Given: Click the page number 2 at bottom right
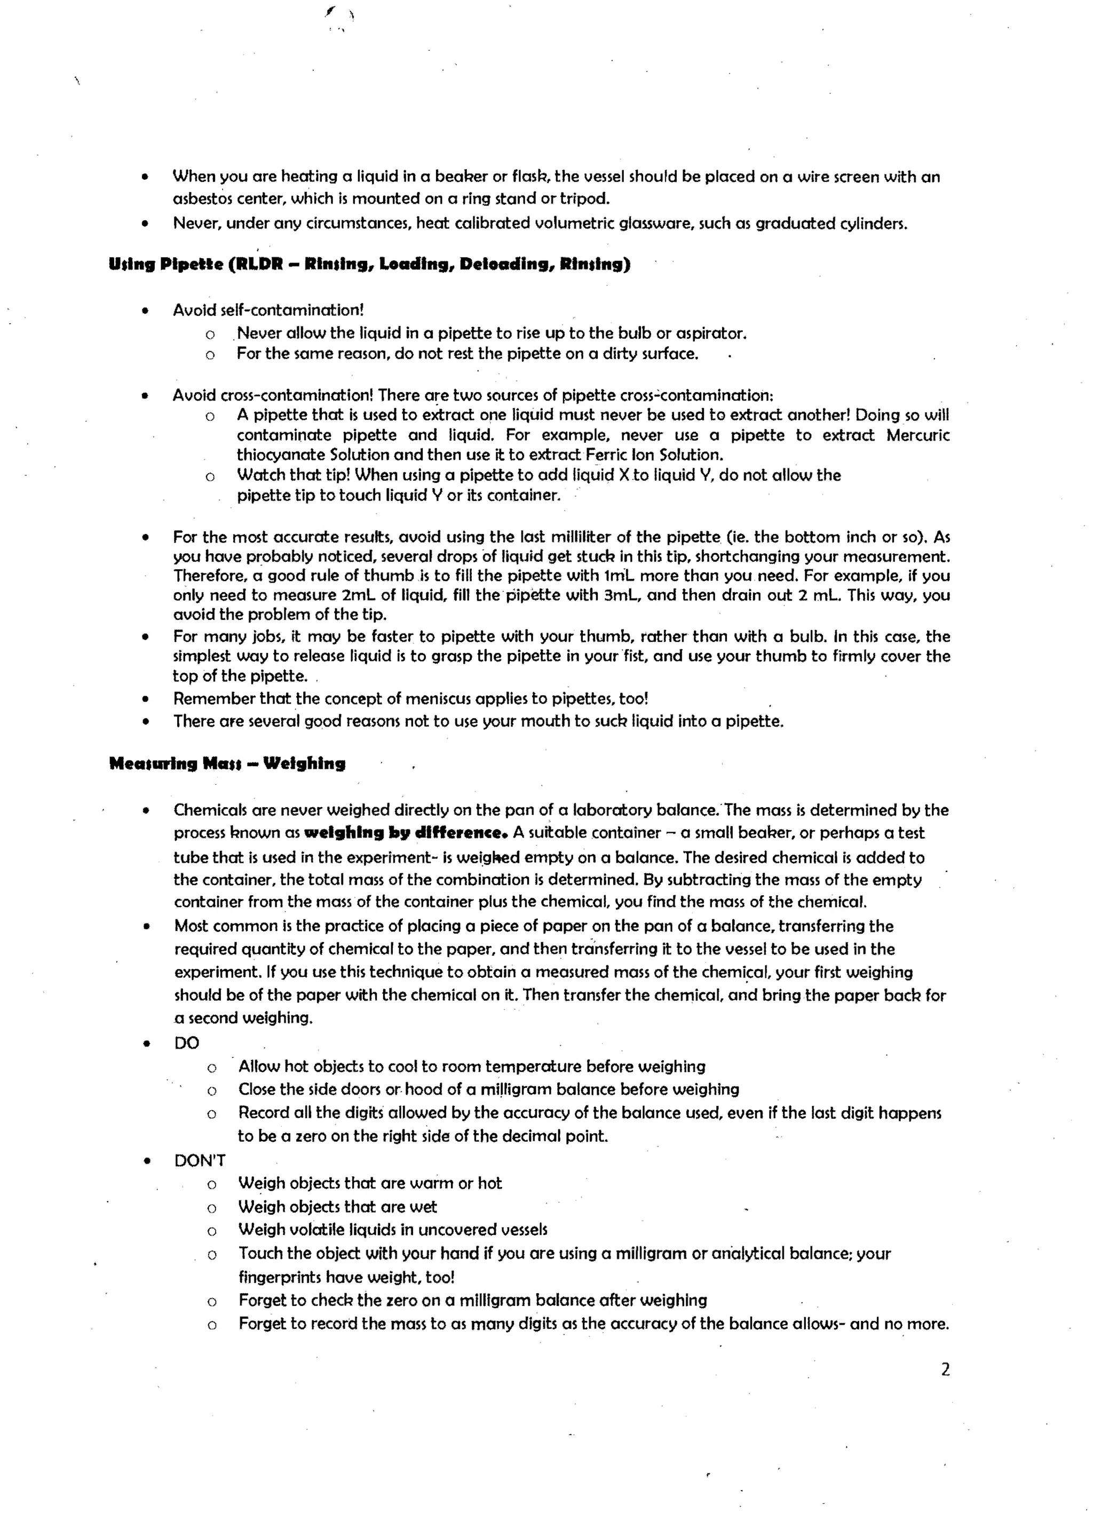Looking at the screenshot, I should point(945,1369).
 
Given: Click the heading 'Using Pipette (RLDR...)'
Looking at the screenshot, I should point(369,264).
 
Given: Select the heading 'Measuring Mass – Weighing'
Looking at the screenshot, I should point(227,763).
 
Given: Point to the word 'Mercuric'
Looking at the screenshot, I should point(917,435).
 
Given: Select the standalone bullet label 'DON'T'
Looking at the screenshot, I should point(200,1160).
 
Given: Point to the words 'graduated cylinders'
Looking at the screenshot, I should point(830,224).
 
